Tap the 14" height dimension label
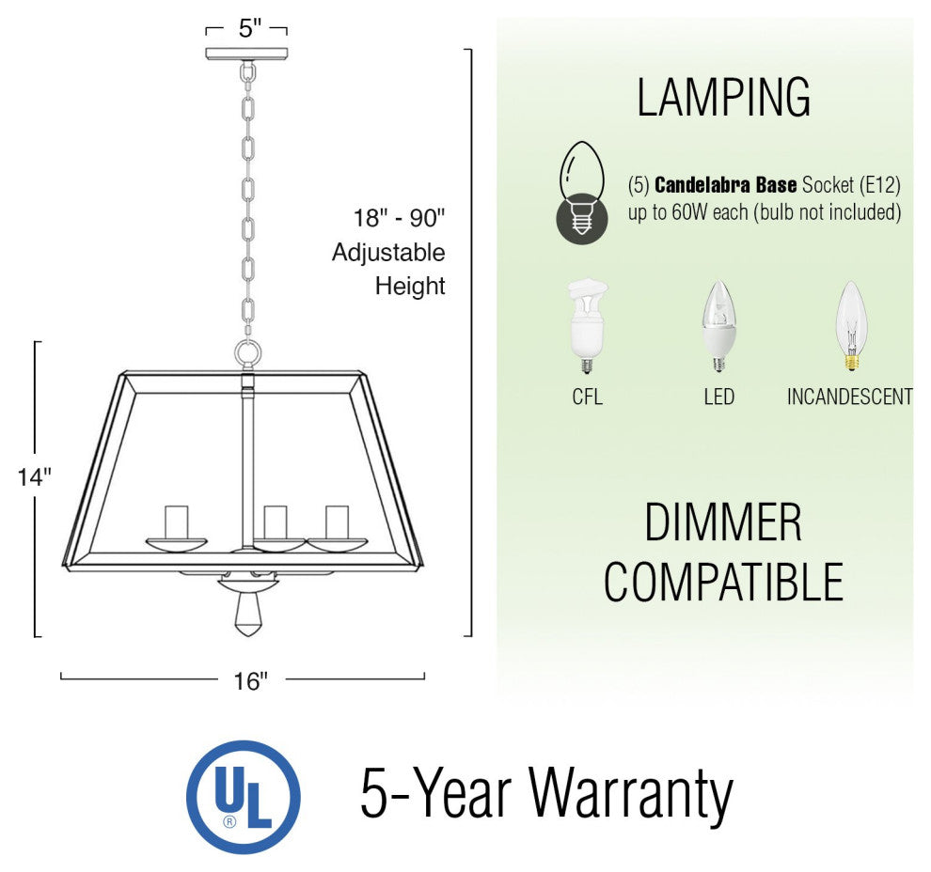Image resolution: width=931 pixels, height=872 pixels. click(35, 477)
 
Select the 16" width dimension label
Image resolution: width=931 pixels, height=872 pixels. click(250, 681)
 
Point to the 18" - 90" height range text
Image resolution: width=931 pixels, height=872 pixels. click(399, 218)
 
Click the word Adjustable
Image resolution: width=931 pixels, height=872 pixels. click(388, 253)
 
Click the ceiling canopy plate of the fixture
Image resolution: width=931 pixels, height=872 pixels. click(246, 54)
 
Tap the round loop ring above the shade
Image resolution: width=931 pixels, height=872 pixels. click(247, 354)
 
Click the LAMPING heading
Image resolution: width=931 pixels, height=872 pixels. click(723, 98)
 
